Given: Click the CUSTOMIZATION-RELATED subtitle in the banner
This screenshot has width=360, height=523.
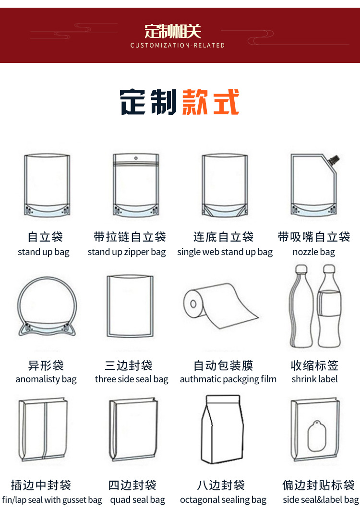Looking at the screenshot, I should [x=178, y=45].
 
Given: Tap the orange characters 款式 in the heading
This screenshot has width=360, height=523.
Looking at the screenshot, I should [x=211, y=102].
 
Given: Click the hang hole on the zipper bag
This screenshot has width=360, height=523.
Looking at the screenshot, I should [x=135, y=158].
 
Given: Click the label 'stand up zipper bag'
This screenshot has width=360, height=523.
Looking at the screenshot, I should [x=127, y=252].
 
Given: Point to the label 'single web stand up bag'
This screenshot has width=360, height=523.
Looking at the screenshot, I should [x=225, y=252].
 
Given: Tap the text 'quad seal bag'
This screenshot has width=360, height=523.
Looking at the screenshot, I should [x=137, y=500].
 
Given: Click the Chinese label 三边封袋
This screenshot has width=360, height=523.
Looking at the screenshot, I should [x=129, y=365].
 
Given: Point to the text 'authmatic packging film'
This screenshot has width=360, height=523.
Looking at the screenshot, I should [x=228, y=379].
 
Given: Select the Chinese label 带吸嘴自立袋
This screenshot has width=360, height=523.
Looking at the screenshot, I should [x=314, y=237].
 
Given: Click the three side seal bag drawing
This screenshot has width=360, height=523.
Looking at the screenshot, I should [x=130, y=307].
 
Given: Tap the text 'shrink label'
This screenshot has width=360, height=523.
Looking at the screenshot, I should [x=314, y=379].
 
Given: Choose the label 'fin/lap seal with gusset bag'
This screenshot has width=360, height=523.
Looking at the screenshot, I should [x=52, y=500].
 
